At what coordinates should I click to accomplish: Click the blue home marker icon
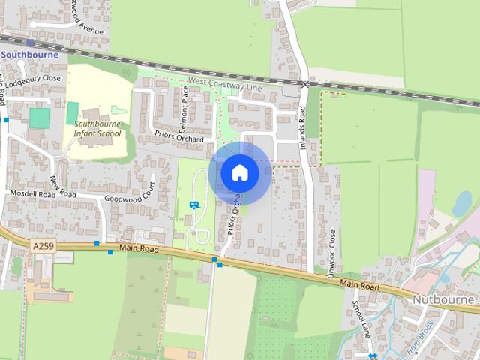coord(239,172)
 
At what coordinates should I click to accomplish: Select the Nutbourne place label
coord(444,298)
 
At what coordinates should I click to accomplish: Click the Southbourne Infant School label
coord(99,128)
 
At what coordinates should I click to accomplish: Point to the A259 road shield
coord(43,244)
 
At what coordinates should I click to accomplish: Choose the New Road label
coord(59,185)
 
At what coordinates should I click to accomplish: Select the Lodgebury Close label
coord(31,77)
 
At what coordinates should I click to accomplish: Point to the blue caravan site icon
coord(195,205)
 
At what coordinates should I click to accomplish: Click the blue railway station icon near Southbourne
coord(31,43)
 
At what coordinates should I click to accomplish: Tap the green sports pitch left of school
coord(40,118)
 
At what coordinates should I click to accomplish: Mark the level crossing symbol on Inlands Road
coord(304,84)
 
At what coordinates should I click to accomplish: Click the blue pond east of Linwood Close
coord(463,202)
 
